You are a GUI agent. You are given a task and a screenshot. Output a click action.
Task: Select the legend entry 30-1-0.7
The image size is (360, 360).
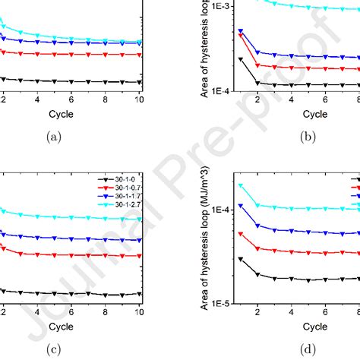click(x=121, y=186)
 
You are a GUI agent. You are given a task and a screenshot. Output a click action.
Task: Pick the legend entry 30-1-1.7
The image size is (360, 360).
click(x=121, y=195)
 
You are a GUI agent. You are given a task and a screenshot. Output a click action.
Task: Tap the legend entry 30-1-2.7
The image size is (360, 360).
click(x=121, y=204)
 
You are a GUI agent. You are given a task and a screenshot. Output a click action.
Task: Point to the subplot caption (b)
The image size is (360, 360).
click(x=308, y=137)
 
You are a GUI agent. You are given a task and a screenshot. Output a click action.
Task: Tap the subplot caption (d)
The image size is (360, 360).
click(x=308, y=350)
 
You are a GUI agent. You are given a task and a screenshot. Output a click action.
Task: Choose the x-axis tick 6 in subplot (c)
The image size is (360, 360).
click(x=71, y=312)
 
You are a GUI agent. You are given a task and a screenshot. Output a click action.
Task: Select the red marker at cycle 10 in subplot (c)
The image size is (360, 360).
click(x=138, y=255)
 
